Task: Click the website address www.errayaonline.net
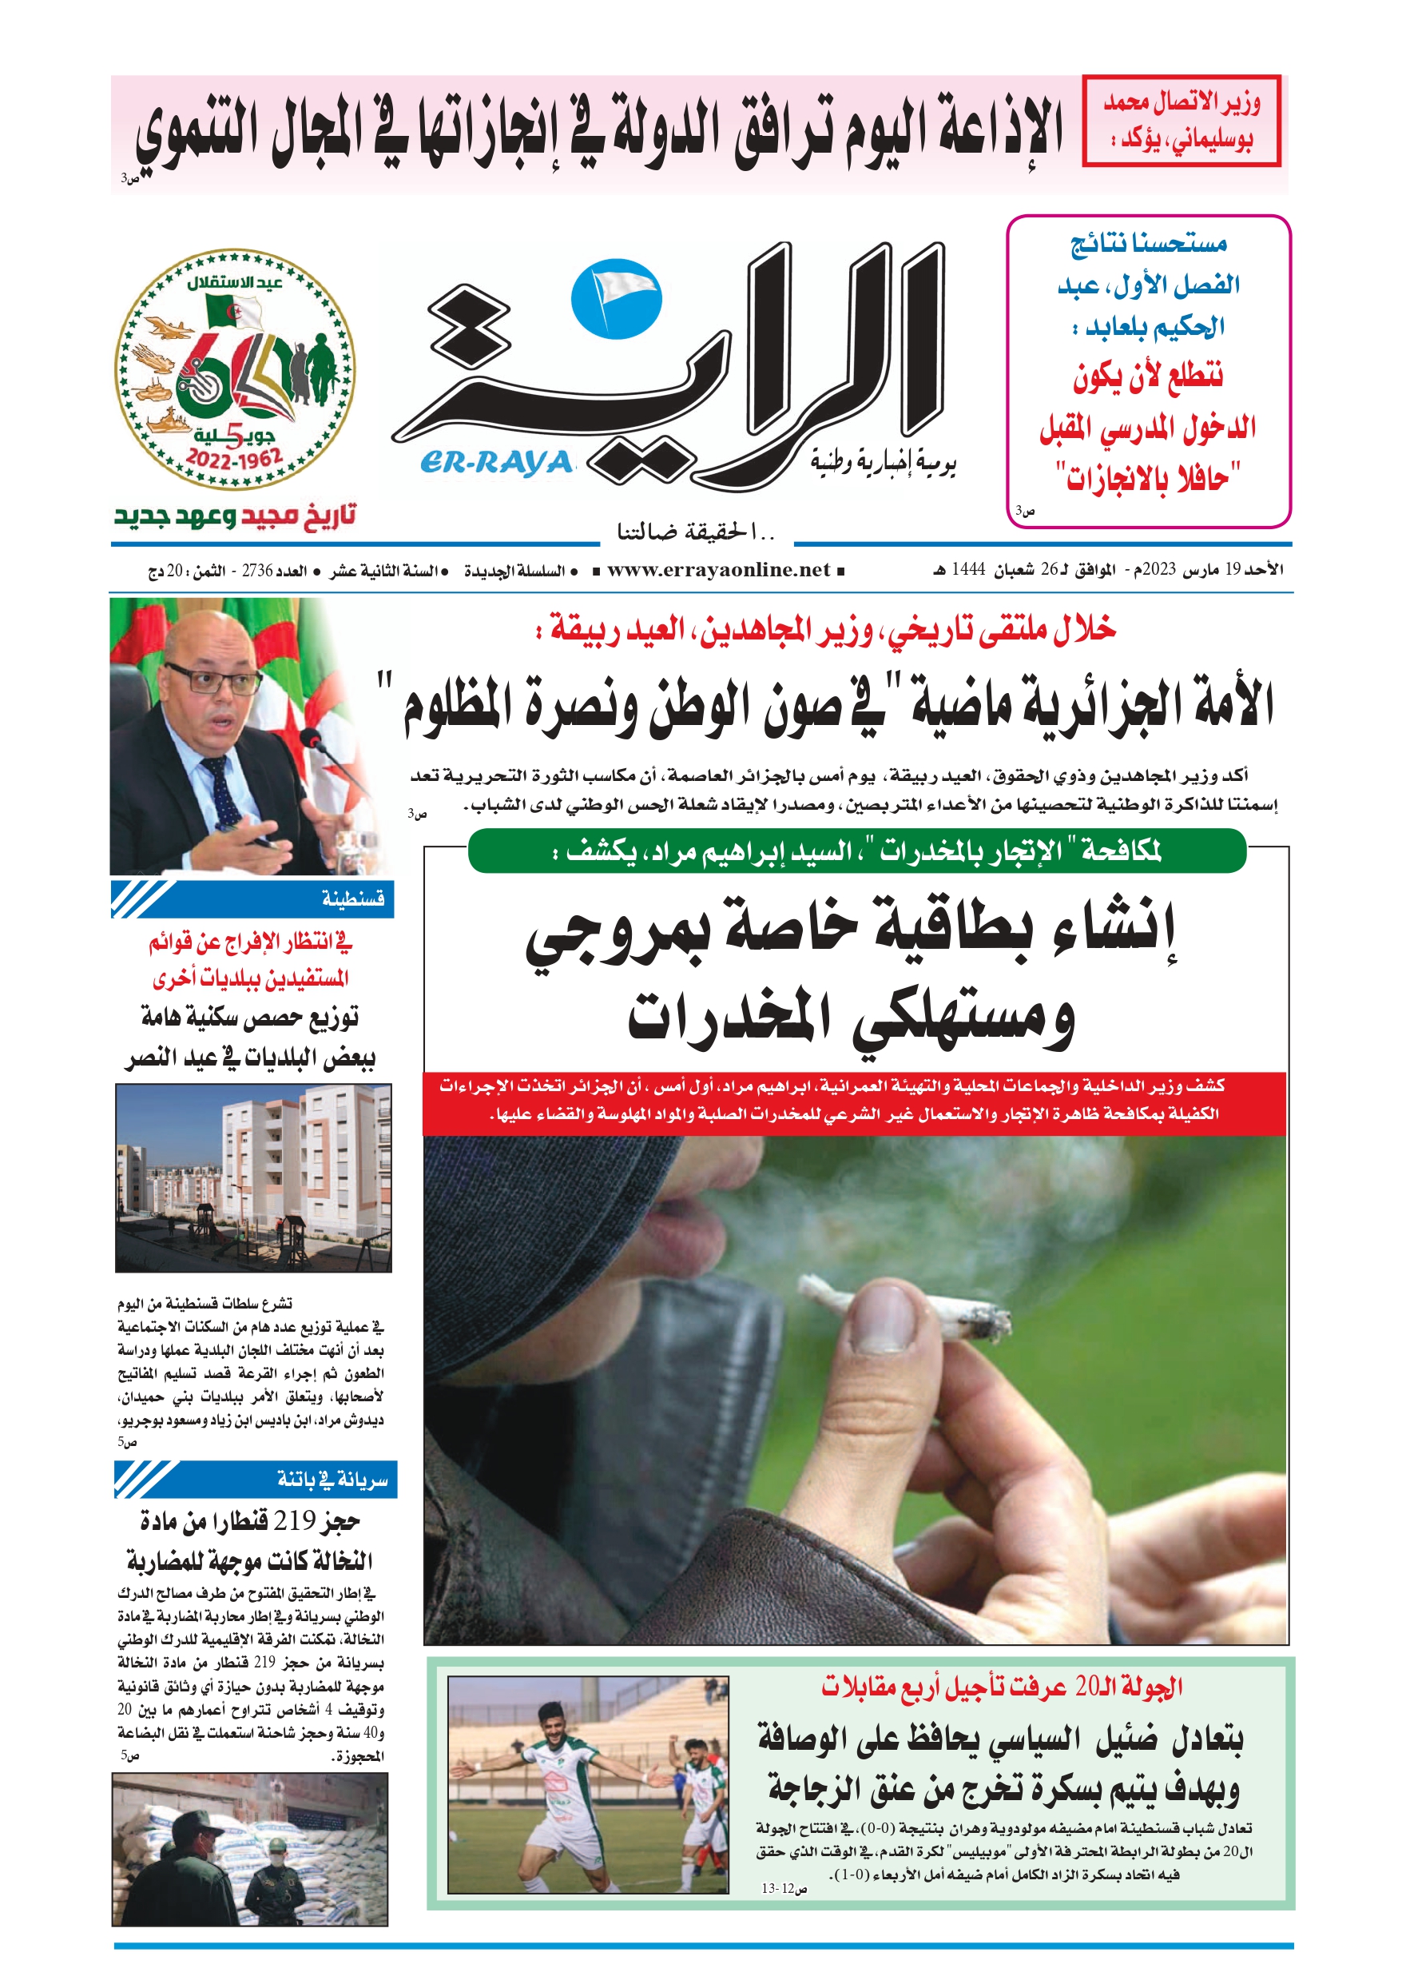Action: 718,570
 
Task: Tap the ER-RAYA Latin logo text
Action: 497,463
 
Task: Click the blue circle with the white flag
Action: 616,299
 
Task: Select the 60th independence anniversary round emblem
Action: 235,370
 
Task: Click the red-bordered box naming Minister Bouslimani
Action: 1181,121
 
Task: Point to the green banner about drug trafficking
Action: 857,851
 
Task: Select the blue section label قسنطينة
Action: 352,899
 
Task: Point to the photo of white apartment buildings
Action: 253,1178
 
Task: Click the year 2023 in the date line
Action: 1159,569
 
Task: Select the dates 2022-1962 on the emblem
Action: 234,459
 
